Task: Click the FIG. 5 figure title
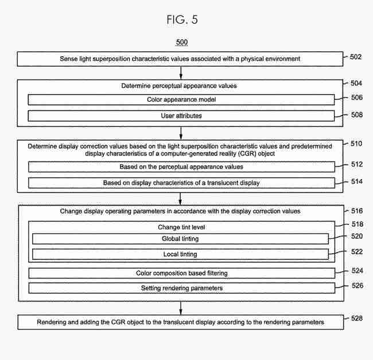click(x=182, y=20)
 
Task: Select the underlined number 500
click(x=182, y=42)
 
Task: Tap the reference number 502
click(x=356, y=57)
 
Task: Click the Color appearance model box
click(x=181, y=100)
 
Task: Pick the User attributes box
click(x=181, y=116)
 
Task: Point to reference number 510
click(x=356, y=144)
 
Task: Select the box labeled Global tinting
click(x=180, y=239)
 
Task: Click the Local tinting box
click(x=180, y=254)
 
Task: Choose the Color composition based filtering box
click(x=182, y=273)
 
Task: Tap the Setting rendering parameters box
click(x=182, y=288)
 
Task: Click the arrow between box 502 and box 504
click(x=181, y=73)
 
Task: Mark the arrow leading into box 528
click(x=181, y=308)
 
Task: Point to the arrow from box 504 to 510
click(x=181, y=133)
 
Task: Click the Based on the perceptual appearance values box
click(x=181, y=167)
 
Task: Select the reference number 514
click(x=357, y=181)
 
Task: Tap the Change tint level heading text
click(x=181, y=227)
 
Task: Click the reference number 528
click(x=357, y=318)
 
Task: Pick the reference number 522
click(x=357, y=251)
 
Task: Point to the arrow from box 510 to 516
click(x=180, y=199)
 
